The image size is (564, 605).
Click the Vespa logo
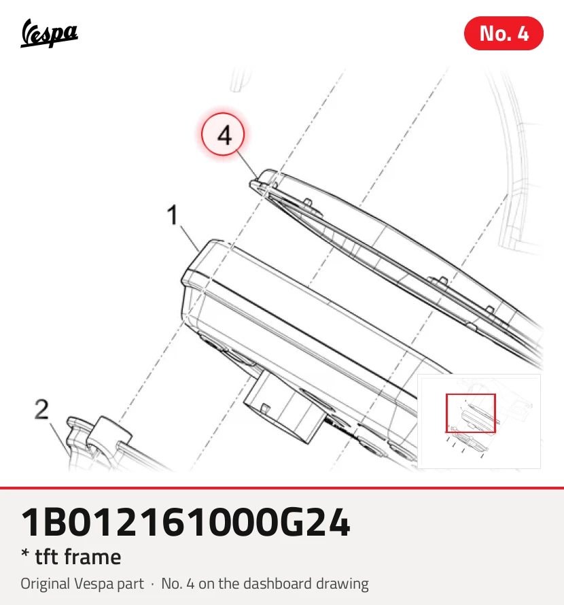[x=49, y=33]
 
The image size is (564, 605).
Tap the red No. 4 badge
[x=504, y=33]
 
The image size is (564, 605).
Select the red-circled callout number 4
[x=223, y=135]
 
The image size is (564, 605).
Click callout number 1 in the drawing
[x=173, y=215]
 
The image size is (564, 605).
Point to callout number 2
[x=41, y=409]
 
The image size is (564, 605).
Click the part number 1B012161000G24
[x=186, y=522]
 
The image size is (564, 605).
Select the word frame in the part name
[x=92, y=557]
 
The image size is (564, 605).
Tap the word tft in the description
[x=47, y=557]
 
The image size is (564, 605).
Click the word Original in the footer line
[x=45, y=584]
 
